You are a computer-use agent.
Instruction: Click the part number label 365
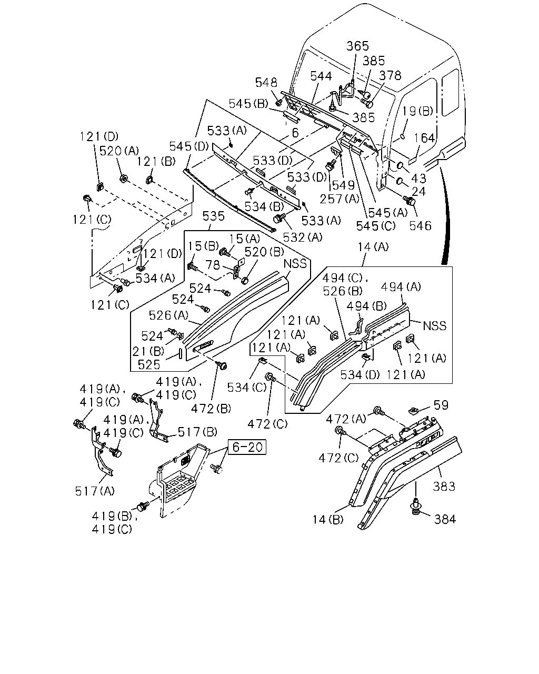357,46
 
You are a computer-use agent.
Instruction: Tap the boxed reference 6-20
247,447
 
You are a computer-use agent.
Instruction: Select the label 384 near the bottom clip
445,519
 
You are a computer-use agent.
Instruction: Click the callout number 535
213,216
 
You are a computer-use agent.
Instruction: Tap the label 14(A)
373,247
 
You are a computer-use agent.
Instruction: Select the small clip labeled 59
414,410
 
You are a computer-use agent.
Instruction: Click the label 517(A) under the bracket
95,491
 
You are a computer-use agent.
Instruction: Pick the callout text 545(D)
189,146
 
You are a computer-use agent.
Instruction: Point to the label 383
444,487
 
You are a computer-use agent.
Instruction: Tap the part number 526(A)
168,315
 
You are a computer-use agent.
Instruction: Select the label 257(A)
340,199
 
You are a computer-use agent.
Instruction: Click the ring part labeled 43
400,165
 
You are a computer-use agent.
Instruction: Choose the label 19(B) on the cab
417,111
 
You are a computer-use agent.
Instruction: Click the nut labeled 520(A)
123,179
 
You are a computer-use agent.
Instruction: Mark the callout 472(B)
211,409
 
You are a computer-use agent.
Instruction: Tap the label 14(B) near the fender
328,520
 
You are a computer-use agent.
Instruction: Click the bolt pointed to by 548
278,102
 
